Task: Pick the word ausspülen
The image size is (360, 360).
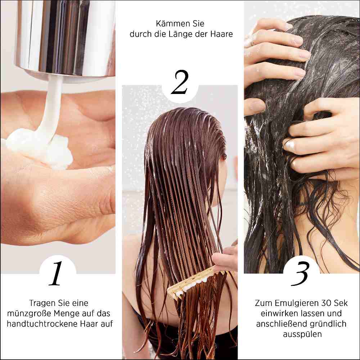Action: coord(302,334)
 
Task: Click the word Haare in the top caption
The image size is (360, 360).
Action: coord(222,35)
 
